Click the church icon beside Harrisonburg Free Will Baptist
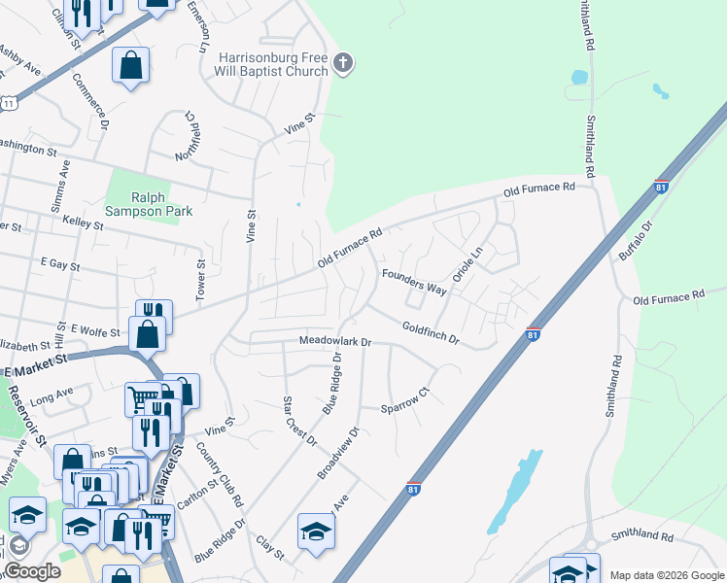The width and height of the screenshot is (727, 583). [341, 64]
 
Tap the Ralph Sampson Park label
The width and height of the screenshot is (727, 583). [150, 203]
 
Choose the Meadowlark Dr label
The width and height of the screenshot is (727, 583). [335, 342]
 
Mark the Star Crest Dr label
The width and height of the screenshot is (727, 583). [299, 420]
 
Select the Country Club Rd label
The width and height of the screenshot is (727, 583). [220, 474]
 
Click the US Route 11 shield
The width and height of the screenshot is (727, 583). [8, 101]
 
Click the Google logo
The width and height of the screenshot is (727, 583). [31, 571]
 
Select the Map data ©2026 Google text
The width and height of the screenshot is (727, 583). [667, 574]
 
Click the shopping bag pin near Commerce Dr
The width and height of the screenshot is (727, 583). [130, 67]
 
